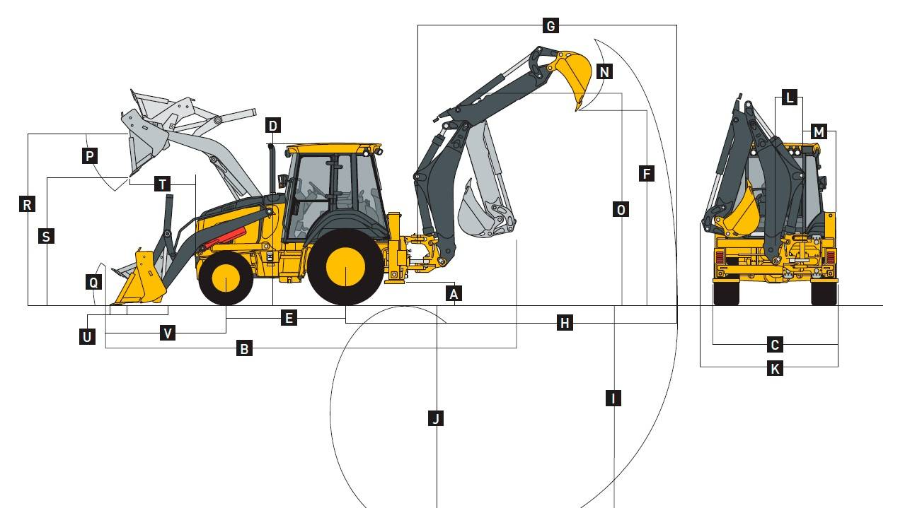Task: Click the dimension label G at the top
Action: click(x=551, y=26)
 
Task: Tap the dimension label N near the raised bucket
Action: click(x=604, y=72)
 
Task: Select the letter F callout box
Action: click(x=647, y=174)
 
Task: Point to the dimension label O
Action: click(x=621, y=209)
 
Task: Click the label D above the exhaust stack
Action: click(x=273, y=126)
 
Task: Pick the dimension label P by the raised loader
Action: click(x=90, y=155)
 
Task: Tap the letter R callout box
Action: click(x=27, y=204)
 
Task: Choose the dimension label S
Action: click(x=46, y=236)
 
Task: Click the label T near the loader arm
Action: click(x=163, y=184)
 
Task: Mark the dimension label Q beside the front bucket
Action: click(x=93, y=282)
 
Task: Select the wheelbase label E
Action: click(x=289, y=318)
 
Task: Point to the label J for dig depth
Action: click(x=436, y=418)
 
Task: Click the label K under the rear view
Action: click(x=775, y=368)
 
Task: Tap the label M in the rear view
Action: click(x=819, y=132)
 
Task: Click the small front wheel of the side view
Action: click(x=226, y=278)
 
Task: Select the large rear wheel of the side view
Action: click(x=345, y=267)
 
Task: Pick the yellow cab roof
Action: click(x=333, y=148)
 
